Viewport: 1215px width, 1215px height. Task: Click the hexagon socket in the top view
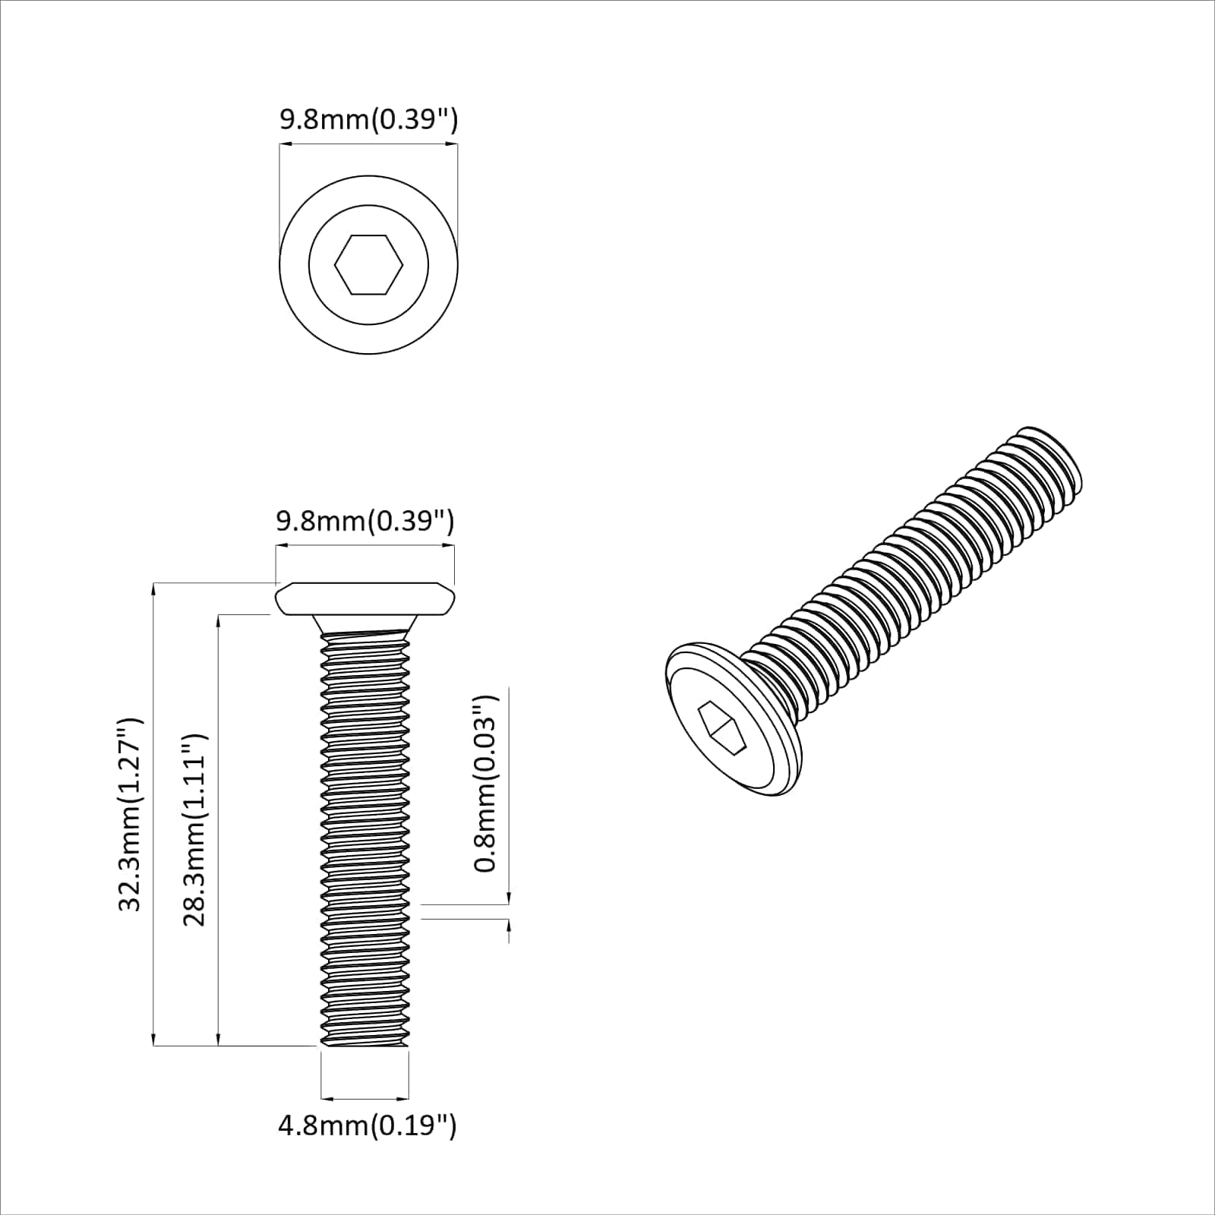368,264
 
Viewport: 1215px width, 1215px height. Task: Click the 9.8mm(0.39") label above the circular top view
368,120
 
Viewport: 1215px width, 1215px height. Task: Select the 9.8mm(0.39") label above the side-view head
364,522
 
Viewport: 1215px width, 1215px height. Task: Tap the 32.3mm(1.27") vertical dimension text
130,814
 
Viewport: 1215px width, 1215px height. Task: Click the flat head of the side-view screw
364,599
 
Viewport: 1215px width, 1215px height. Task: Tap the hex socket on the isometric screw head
722,727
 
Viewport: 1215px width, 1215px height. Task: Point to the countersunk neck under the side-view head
364,624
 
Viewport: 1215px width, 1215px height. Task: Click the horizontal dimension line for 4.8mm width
364,1097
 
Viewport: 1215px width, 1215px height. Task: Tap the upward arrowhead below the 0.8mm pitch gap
508,925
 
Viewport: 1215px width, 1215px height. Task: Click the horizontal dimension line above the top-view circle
368,144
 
